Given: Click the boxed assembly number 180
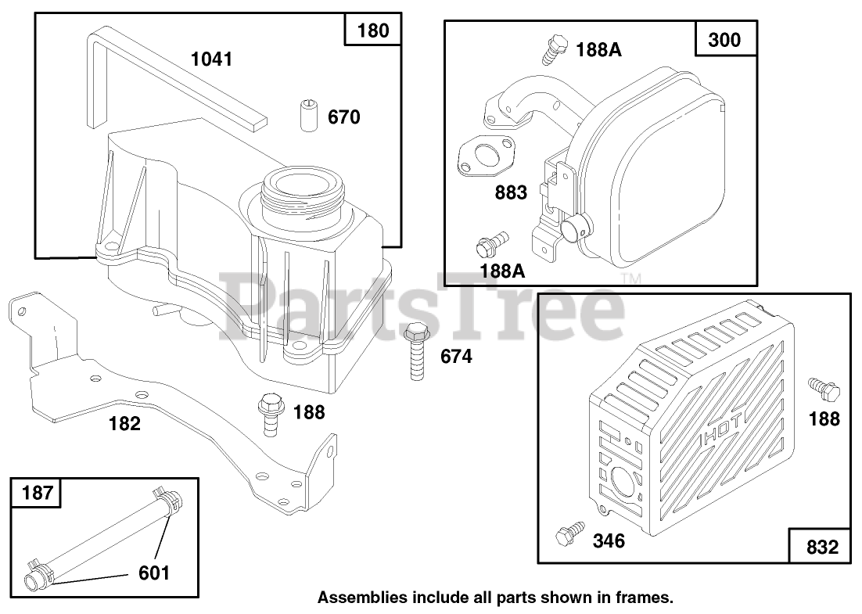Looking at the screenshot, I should [x=372, y=32].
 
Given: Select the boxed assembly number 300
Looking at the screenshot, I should [x=724, y=39].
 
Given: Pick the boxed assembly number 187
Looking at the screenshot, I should [x=38, y=493].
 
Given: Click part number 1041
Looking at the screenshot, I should [x=211, y=59].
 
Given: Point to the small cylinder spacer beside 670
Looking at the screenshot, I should [x=308, y=117].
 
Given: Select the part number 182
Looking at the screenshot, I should [x=125, y=423].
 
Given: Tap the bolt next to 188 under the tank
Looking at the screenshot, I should [x=271, y=415].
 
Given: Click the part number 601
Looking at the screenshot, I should [x=153, y=573].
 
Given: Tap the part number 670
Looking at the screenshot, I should [x=344, y=117].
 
